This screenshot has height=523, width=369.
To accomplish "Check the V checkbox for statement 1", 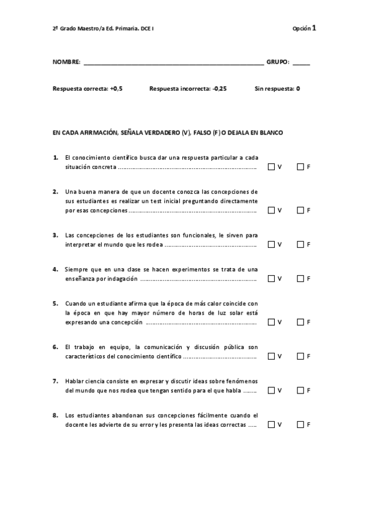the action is [271, 167].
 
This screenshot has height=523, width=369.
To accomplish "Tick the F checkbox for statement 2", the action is [300, 210].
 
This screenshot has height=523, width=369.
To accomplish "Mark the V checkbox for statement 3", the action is [271, 244].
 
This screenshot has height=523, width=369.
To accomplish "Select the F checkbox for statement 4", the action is [300, 278].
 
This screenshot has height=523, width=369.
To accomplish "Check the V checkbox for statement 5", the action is [271, 322].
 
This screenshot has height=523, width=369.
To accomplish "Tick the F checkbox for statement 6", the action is [300, 356].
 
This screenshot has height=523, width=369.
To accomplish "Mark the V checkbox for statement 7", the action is [271, 390].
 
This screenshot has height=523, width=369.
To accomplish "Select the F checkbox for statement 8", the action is [300, 424].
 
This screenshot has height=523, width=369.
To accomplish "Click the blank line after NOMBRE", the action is [173, 63].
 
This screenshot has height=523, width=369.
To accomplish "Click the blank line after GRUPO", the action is [301, 63].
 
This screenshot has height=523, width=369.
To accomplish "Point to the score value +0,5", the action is [116, 89].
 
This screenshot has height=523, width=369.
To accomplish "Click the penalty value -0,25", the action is [219, 89].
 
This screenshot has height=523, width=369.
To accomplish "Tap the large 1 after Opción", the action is [314, 28].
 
